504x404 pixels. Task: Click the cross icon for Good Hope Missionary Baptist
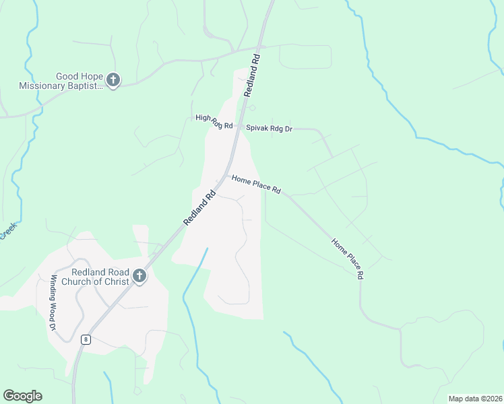[113, 80]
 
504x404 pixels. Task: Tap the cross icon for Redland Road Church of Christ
[139, 275]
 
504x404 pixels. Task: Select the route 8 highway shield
[86, 339]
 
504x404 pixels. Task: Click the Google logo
[22, 396]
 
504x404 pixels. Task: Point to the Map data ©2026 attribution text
[475, 399]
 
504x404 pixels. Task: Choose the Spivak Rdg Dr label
[269, 128]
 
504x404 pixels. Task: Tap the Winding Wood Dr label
[53, 302]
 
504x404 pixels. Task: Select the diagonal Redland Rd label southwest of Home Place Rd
[199, 208]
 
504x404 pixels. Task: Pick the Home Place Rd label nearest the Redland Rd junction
[256, 184]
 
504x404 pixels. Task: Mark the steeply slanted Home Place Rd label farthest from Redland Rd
[348, 259]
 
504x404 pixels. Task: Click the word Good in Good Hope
[69, 76]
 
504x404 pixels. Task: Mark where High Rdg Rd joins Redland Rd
[237, 127]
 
